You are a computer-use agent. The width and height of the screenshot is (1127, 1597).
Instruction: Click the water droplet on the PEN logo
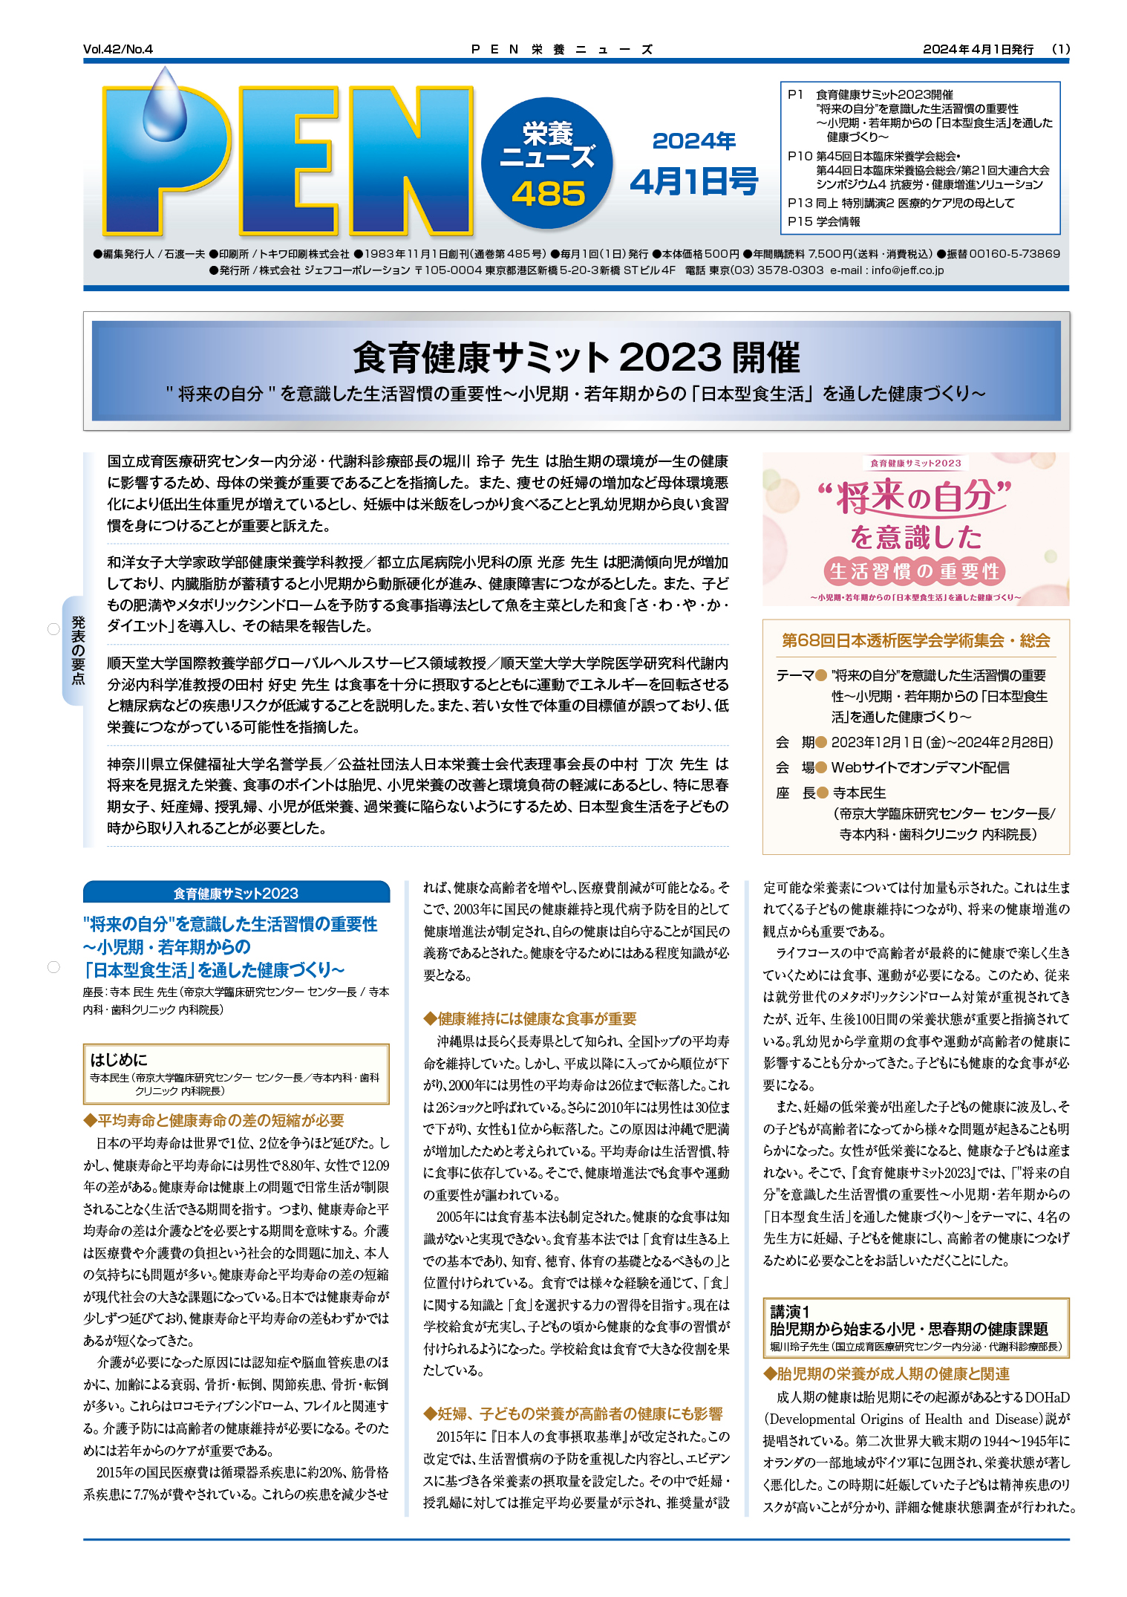click(x=166, y=104)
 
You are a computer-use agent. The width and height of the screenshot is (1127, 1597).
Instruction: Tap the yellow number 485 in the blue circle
click(x=548, y=194)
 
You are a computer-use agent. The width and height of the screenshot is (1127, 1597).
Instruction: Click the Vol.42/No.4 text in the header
click(x=118, y=49)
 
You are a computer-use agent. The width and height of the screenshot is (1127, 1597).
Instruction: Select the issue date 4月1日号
click(x=693, y=181)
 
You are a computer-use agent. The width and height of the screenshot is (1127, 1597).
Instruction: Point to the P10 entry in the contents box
click(x=800, y=156)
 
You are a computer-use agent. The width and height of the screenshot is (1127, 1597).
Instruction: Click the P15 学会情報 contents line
click(x=824, y=221)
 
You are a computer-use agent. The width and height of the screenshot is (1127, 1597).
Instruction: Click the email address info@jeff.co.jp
click(x=907, y=270)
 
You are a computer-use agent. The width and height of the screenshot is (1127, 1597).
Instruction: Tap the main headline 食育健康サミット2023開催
click(x=576, y=357)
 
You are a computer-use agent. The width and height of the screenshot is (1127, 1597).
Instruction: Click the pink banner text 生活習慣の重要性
click(x=915, y=571)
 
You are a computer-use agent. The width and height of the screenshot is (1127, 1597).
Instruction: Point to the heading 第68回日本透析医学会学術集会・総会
click(x=915, y=640)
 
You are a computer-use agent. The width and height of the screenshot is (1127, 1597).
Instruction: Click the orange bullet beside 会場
click(x=821, y=768)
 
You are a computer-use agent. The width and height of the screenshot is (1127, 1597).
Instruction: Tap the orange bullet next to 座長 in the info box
click(x=822, y=793)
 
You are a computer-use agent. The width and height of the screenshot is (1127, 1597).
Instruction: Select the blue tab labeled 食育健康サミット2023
click(x=236, y=893)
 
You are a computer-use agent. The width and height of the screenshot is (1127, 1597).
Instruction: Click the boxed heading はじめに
click(x=119, y=1059)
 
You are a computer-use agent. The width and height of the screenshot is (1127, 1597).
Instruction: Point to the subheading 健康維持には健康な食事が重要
click(x=530, y=1018)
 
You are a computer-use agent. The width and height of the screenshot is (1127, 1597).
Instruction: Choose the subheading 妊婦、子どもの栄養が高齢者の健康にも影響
click(x=573, y=1414)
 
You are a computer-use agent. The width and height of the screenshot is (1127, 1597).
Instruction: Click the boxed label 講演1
click(x=789, y=1311)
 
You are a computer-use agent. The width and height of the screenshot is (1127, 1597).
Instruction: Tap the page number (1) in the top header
click(x=1061, y=49)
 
